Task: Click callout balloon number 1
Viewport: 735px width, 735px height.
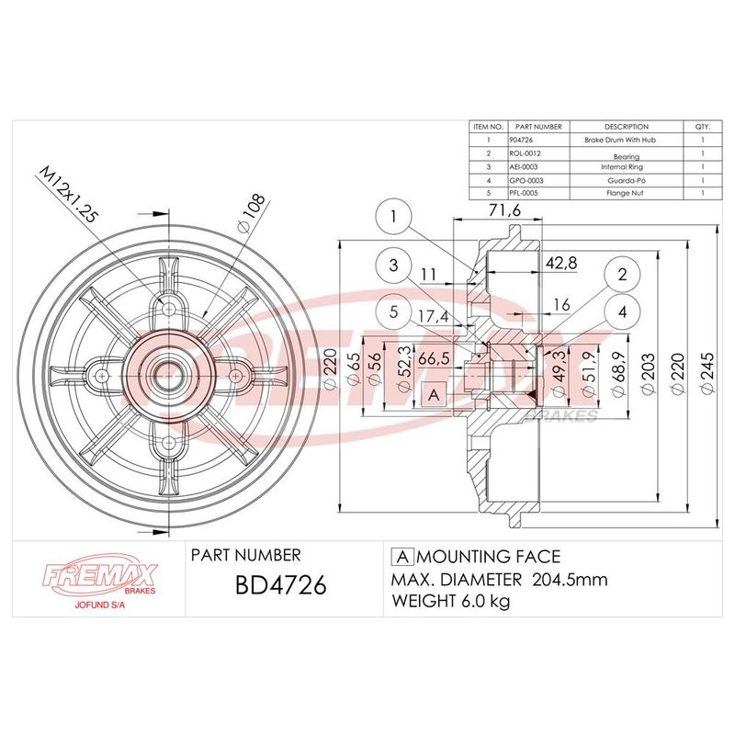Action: click(x=393, y=217)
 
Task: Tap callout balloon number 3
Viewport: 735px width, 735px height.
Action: click(x=393, y=266)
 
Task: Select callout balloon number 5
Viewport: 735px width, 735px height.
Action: click(x=393, y=311)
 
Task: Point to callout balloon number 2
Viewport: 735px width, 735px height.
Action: click(x=622, y=274)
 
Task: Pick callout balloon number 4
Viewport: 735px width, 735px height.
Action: click(x=622, y=311)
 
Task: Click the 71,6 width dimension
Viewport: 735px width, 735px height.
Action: click(x=504, y=210)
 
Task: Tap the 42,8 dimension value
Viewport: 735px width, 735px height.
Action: click(x=561, y=263)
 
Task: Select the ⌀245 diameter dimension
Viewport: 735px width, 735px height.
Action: click(x=707, y=373)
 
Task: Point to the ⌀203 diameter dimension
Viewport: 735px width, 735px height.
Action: click(x=649, y=375)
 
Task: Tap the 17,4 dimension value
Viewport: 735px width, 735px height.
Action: click(x=434, y=316)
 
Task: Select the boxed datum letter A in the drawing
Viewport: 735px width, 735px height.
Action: click(x=434, y=395)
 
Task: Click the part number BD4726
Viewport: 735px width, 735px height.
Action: click(x=280, y=585)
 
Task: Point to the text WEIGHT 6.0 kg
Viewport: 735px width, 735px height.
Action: click(x=450, y=601)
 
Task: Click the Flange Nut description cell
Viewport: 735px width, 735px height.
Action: click(x=625, y=193)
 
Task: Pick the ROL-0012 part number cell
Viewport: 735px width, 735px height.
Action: click(x=525, y=153)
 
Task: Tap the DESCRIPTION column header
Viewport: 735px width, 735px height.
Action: click(x=627, y=127)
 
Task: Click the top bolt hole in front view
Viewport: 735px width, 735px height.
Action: click(x=169, y=309)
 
